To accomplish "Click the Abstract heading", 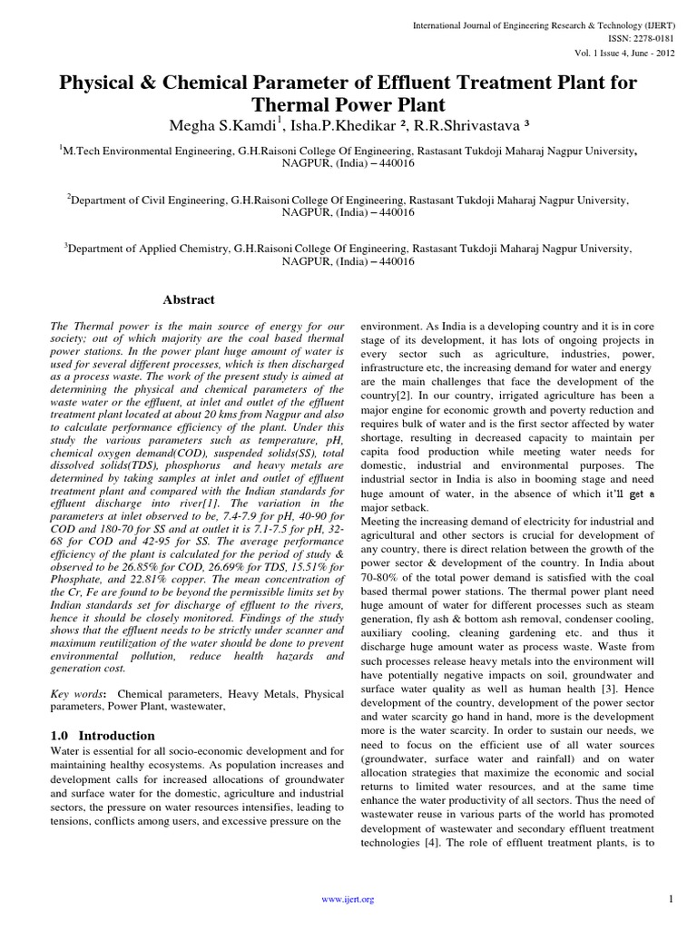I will [x=188, y=299].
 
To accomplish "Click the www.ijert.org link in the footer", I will [x=348, y=898].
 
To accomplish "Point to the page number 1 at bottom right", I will [x=669, y=898].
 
